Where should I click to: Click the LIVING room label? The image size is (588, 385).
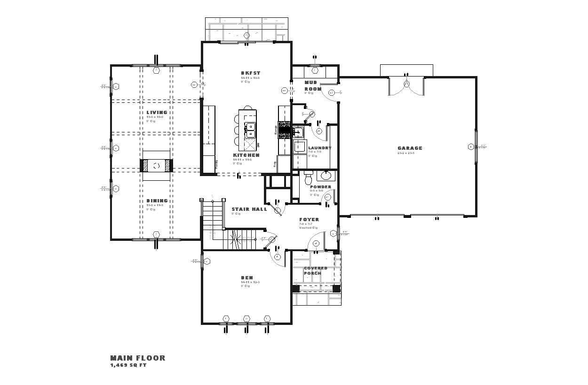157,113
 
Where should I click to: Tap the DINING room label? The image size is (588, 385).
157,201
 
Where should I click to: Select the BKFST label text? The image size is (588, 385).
250,73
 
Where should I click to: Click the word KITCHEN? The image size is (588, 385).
246,155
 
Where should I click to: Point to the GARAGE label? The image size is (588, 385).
410,148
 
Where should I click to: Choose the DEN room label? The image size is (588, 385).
247,278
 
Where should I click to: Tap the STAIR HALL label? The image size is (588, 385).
249,209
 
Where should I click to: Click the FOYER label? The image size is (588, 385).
309,220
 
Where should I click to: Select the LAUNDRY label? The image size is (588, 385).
319,148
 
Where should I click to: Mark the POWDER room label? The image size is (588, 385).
320,187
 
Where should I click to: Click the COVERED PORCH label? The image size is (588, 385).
315,271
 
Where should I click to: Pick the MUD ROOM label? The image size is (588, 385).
313,85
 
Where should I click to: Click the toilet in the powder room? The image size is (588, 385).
309,178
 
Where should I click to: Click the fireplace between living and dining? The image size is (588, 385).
157,166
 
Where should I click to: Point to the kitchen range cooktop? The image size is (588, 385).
284,130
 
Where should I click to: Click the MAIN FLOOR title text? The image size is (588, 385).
138,358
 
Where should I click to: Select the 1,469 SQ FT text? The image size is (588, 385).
128,365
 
